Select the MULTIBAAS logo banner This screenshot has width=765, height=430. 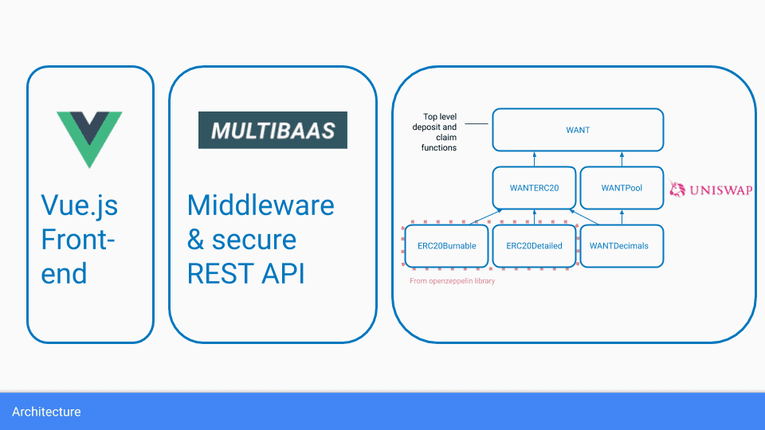273,130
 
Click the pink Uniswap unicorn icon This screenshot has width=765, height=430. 678,189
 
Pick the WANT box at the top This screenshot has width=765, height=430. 578,130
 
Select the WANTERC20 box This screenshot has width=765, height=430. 534,188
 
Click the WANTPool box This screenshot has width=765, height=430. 622,188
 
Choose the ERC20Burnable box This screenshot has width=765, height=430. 446,245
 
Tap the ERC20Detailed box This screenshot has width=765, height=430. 534,245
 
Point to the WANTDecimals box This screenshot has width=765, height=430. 619,245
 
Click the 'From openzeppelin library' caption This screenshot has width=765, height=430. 452,281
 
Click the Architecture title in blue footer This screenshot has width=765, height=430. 46,412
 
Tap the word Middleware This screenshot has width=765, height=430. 261,205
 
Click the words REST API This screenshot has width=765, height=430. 246,272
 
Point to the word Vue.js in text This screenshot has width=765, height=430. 79,205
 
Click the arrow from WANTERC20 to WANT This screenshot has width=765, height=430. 534,158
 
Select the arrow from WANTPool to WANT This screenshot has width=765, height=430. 622,158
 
